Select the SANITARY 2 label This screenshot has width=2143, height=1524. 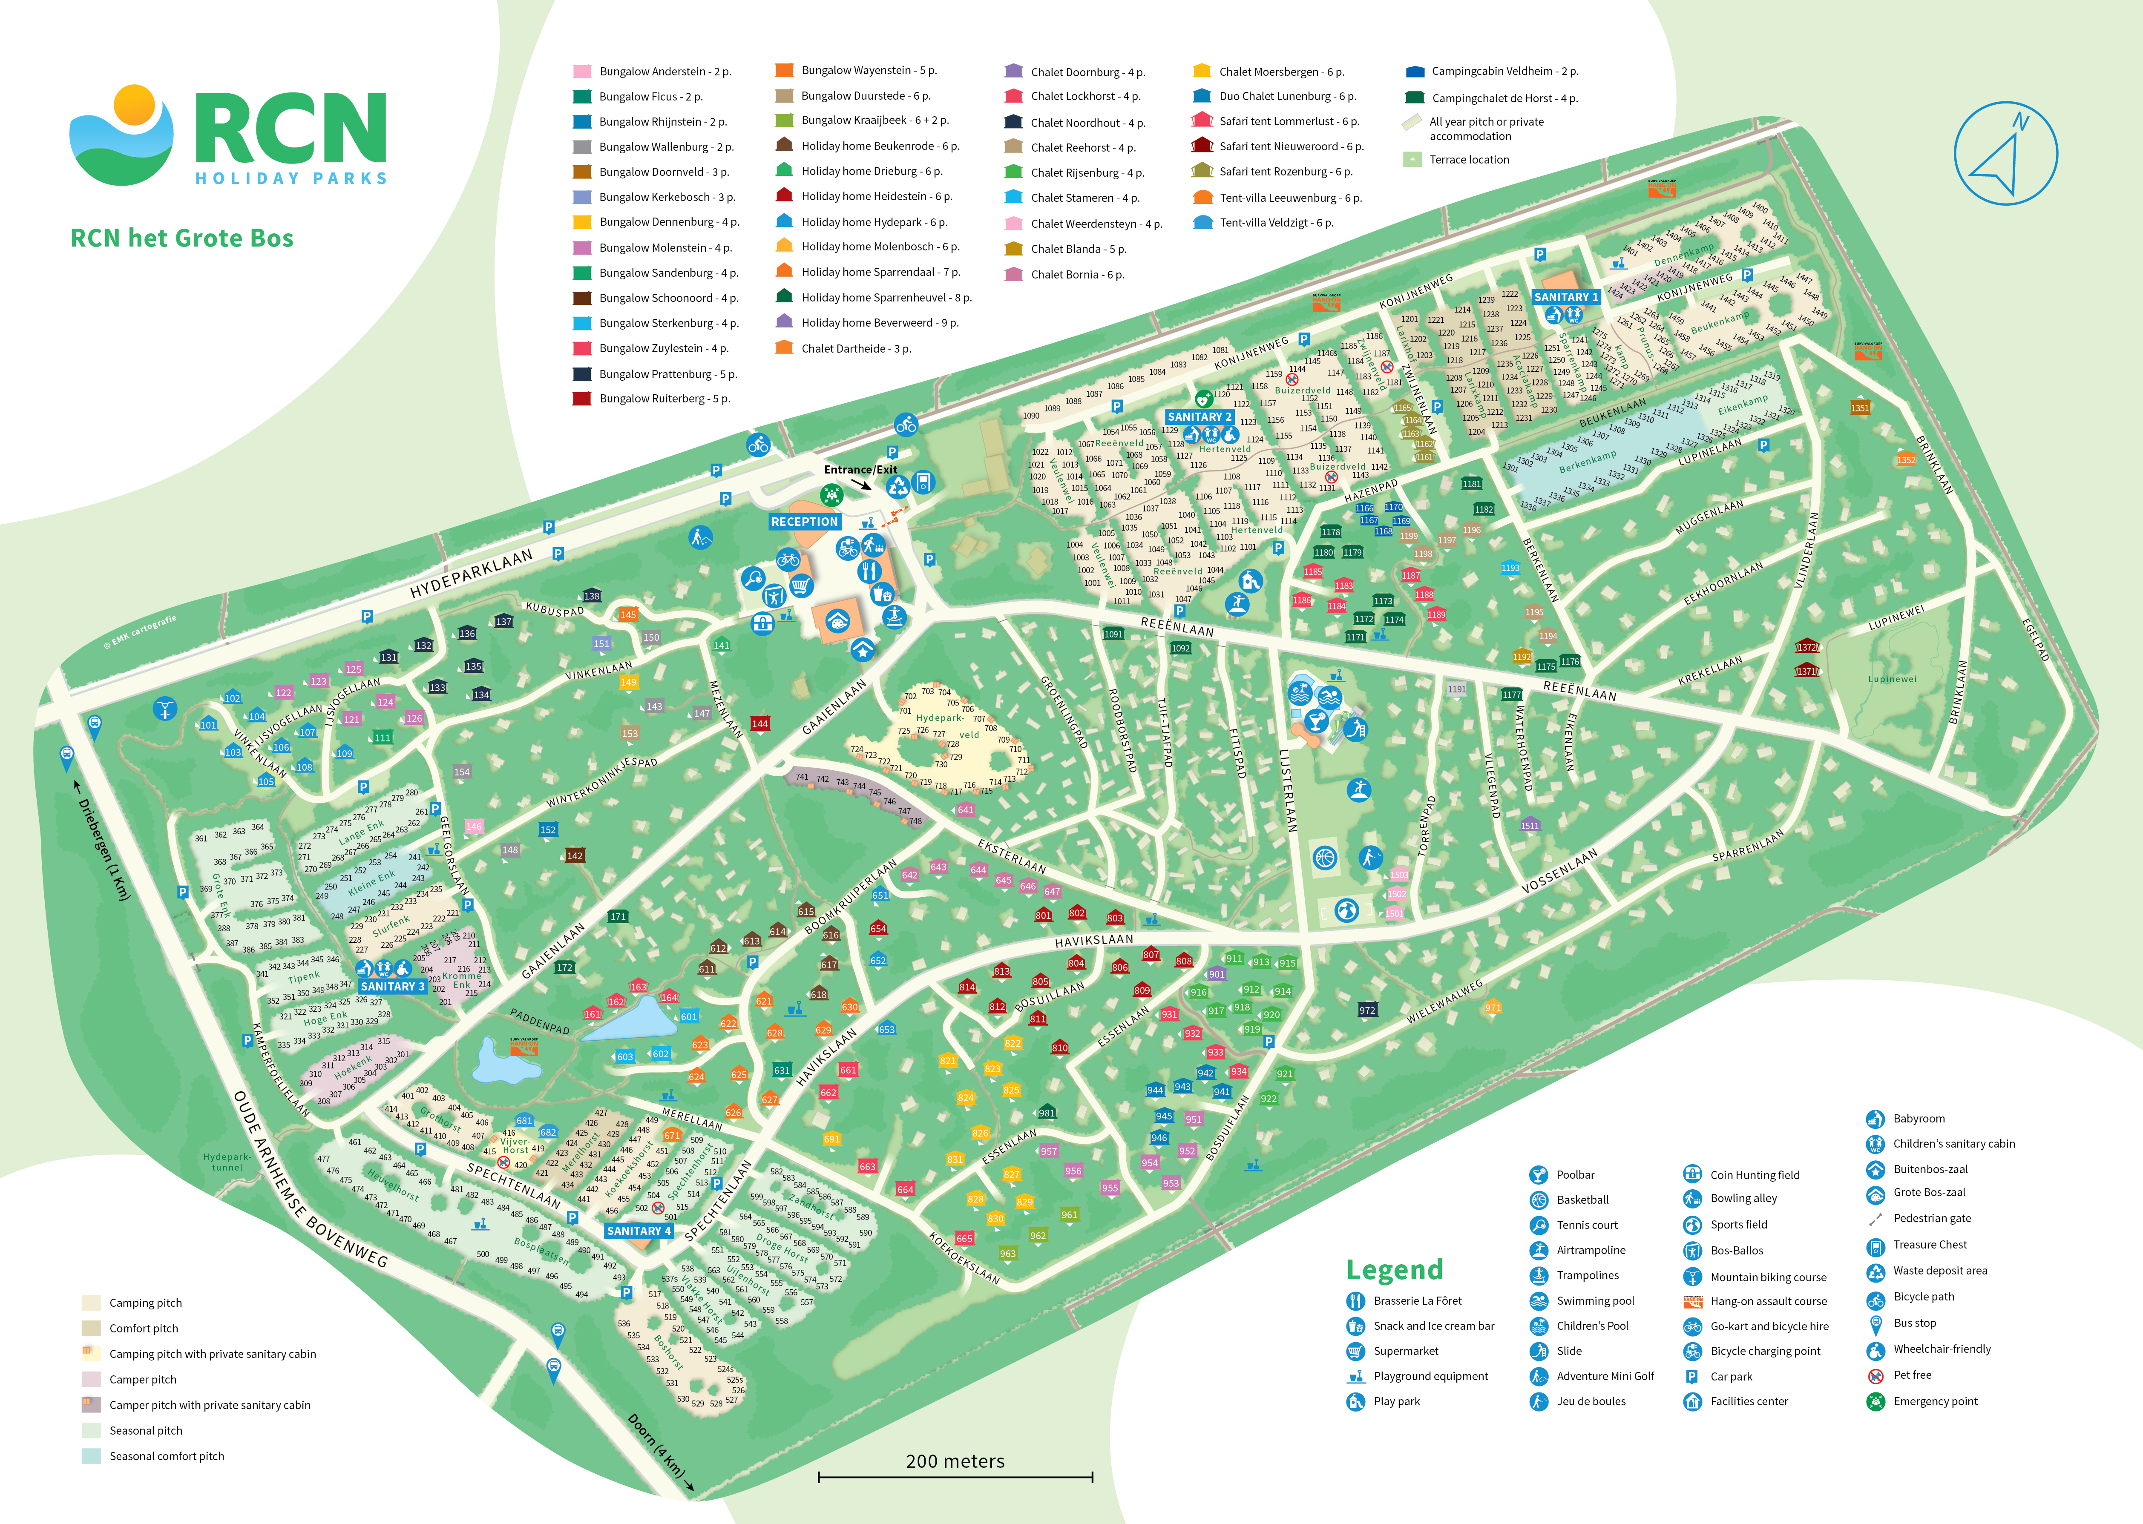[x=1199, y=416]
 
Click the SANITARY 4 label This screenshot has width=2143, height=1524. [x=639, y=1230]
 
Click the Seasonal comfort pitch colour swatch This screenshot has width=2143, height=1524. [x=91, y=1456]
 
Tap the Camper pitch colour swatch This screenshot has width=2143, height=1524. [x=91, y=1380]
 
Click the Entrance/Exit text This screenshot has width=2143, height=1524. [x=860, y=469]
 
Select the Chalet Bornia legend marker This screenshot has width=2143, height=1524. [x=1013, y=274]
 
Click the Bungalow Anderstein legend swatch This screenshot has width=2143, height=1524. [x=582, y=71]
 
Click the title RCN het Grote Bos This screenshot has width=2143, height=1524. [x=182, y=238]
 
